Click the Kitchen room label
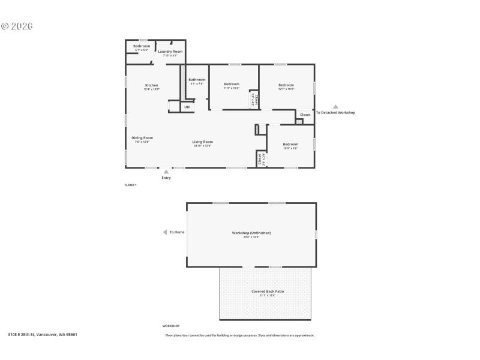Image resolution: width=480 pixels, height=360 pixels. (x=151, y=85)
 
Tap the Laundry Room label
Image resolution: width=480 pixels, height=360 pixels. (x=170, y=52)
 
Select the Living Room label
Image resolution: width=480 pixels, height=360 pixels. (x=203, y=142)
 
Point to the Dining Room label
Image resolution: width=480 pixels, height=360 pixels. (x=142, y=137)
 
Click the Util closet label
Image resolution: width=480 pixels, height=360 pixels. (x=187, y=107)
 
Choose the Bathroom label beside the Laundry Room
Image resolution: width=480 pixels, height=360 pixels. (x=142, y=46)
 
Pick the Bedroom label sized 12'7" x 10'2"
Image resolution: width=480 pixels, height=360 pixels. (x=286, y=85)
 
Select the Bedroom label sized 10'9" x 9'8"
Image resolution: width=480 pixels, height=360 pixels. (x=290, y=144)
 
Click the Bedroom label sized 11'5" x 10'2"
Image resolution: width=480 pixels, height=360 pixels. (x=232, y=83)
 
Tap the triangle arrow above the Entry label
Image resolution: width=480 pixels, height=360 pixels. (x=166, y=172)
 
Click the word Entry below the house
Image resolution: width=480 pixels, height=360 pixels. (x=166, y=178)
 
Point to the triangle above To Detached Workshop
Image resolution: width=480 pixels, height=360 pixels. (x=335, y=107)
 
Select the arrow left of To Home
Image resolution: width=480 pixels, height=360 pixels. (x=165, y=232)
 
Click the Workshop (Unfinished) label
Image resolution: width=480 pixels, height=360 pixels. (x=251, y=233)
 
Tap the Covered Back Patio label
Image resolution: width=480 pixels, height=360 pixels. (x=268, y=291)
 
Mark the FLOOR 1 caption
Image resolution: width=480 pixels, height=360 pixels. (x=130, y=185)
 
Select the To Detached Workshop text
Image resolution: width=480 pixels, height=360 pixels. (x=335, y=113)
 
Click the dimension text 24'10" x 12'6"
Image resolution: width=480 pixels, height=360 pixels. (x=203, y=146)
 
